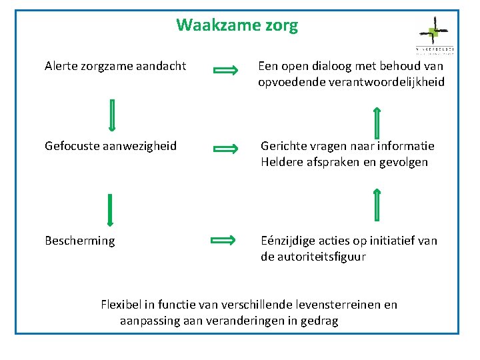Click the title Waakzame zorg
click(x=237, y=26)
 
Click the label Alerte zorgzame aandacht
click(x=115, y=66)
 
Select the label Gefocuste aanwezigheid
click(x=111, y=145)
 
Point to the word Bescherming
click(x=79, y=240)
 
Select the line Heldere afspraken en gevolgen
click(x=344, y=162)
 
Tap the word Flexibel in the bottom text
click(x=119, y=305)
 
